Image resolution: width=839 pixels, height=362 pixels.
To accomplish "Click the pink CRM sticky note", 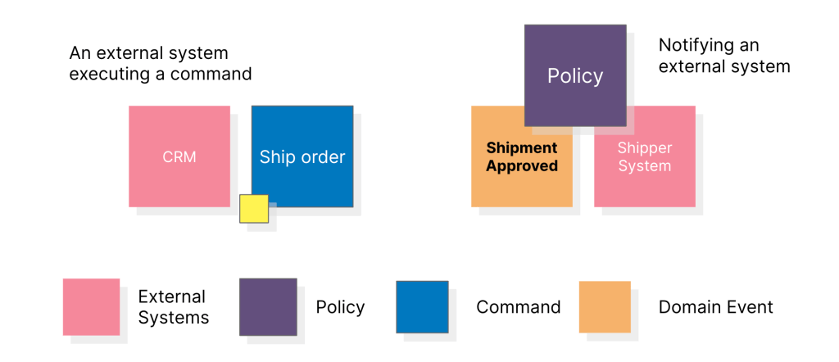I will coord(179,156).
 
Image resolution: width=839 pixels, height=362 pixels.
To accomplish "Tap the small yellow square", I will coord(254,209).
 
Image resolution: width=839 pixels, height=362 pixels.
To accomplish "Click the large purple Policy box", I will coord(574,75).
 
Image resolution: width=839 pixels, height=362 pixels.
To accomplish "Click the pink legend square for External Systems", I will coord(91,307).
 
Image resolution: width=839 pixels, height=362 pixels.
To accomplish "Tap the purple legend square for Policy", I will coord(268,307).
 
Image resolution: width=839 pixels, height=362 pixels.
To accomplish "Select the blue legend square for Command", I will coord(422,307).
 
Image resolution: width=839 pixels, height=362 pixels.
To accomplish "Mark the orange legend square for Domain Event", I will coord(605,307).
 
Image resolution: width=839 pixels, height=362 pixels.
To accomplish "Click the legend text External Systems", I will coord(173,307).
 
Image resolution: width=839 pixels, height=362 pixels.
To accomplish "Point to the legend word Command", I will coord(518,308).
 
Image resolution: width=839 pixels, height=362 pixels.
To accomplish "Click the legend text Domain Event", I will coord(715,308).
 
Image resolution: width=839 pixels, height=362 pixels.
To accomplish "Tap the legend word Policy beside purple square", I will coord(340,308).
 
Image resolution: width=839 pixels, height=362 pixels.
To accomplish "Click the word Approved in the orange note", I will coord(522,166).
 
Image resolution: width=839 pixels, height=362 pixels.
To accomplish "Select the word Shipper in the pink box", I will coord(645,148).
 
